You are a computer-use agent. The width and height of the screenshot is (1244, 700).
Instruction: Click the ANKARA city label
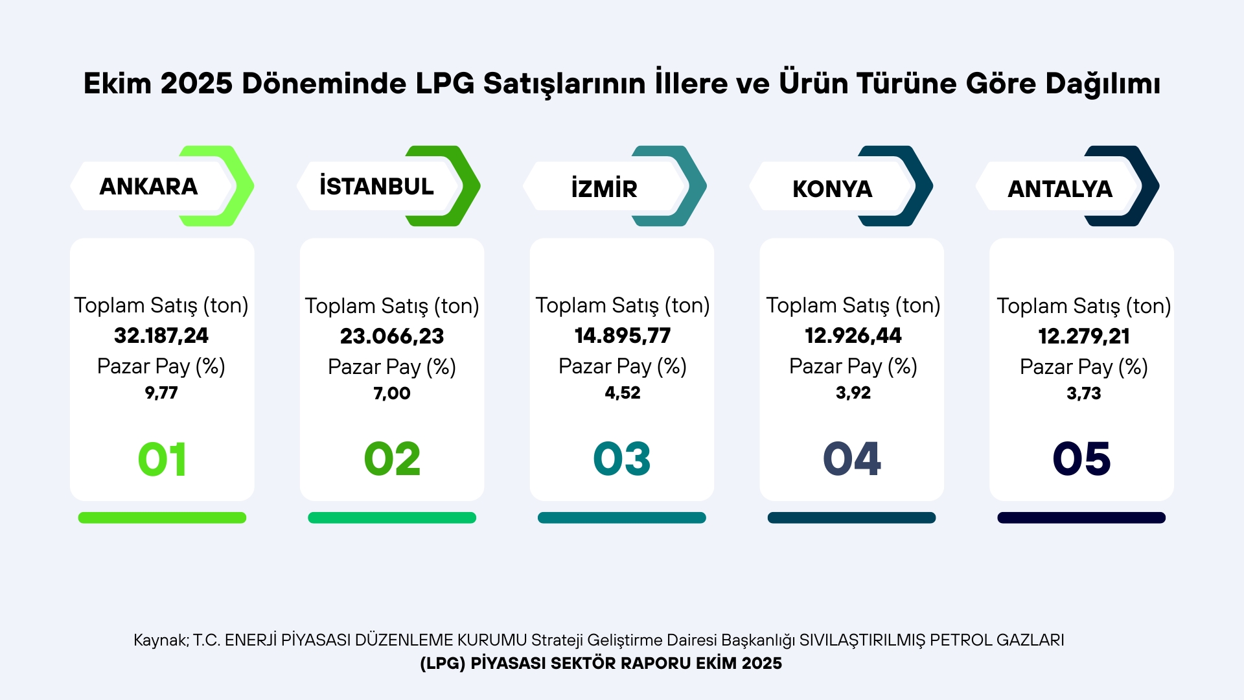148,187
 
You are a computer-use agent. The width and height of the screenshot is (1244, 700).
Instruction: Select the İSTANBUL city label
376,187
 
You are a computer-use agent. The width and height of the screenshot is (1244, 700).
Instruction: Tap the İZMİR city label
604,189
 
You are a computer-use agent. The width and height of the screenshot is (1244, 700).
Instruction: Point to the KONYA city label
832,189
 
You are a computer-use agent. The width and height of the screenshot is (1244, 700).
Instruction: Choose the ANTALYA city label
1060,189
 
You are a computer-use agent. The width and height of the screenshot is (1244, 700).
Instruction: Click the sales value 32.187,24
161,336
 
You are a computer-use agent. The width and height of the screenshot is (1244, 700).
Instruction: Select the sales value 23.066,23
392,336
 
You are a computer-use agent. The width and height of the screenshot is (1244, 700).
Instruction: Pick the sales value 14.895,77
623,336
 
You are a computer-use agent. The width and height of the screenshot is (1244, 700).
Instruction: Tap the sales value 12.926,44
853,336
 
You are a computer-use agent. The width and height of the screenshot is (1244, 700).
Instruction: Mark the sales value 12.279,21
1084,336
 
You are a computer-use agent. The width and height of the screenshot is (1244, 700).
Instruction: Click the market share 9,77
161,393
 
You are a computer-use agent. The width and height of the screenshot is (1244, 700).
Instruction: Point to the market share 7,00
392,393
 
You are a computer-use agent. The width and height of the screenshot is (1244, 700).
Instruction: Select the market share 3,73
1084,393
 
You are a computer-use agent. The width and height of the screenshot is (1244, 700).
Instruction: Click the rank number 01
162,459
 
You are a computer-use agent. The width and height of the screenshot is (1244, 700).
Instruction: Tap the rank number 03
622,459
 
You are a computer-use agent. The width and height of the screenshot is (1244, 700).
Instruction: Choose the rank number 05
1081,459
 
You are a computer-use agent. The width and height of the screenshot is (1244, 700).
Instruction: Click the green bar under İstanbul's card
392,518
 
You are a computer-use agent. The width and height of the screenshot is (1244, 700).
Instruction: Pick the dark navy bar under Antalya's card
1081,518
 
